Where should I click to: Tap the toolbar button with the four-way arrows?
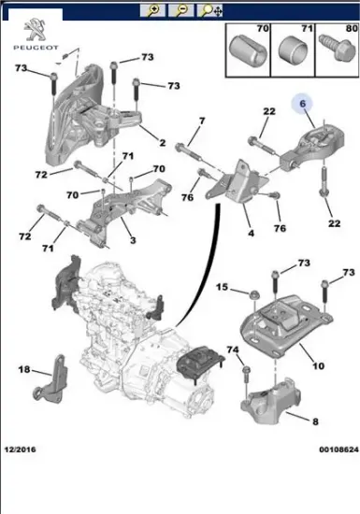coord(215,11)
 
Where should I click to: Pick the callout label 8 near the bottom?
coord(316,421)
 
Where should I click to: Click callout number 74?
coord(234,350)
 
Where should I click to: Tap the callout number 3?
coord(132,241)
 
